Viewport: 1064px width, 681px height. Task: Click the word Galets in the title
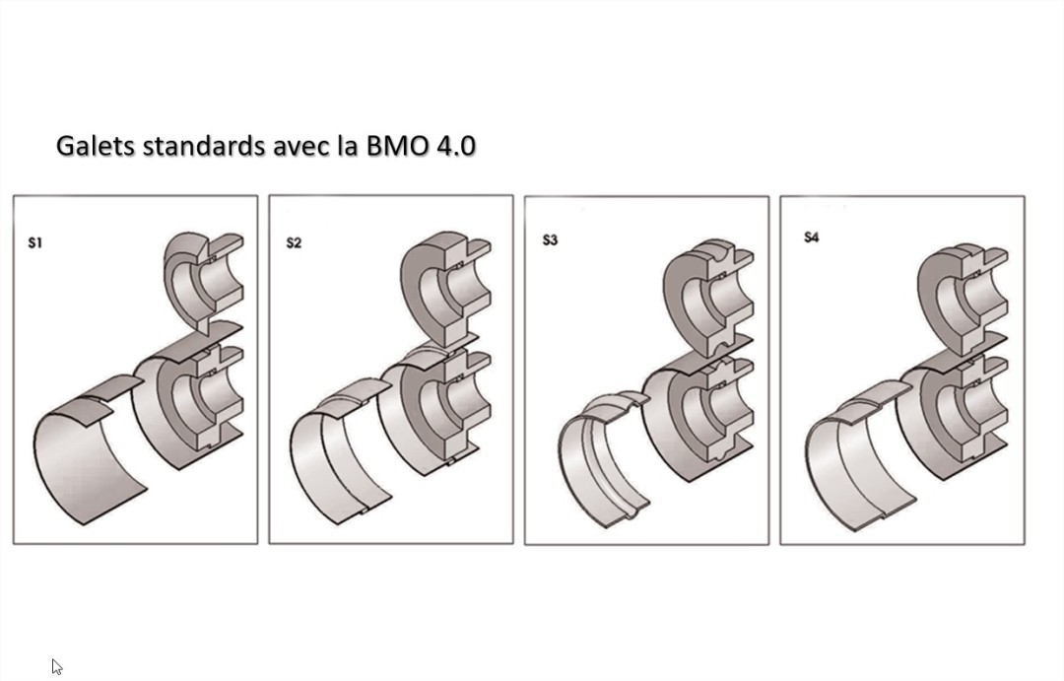[96, 146]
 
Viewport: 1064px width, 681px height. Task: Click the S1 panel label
[35, 242]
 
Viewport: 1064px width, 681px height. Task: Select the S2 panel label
[294, 242]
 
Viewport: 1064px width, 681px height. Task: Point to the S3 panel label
[550, 239]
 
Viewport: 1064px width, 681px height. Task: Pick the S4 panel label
[811, 238]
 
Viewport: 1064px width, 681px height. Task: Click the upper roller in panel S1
[202, 281]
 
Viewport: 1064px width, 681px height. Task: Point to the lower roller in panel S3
[695, 414]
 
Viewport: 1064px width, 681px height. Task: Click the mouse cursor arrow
[56, 666]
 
